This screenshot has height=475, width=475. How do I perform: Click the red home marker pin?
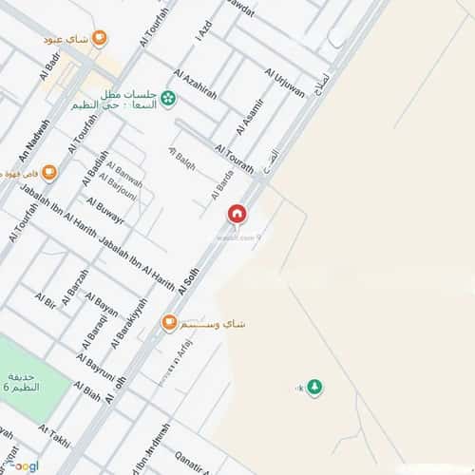pyautogui.click(x=237, y=215)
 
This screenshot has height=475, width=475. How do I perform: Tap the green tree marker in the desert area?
pyautogui.click(x=314, y=387)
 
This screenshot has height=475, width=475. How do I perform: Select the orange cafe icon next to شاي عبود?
pyautogui.click(x=100, y=39)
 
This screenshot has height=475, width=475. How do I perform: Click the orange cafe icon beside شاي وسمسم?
pyautogui.click(x=169, y=324)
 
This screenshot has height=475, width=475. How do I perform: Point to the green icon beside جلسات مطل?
pyautogui.click(x=168, y=96)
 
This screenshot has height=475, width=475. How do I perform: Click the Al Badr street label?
pyautogui.click(x=51, y=68)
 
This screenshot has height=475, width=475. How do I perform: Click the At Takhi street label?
pyautogui.click(x=55, y=436)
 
